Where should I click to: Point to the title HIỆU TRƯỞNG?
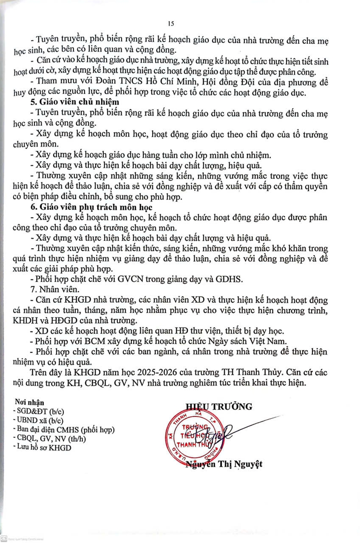click(218, 406)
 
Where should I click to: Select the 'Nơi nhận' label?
click(29, 401)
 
